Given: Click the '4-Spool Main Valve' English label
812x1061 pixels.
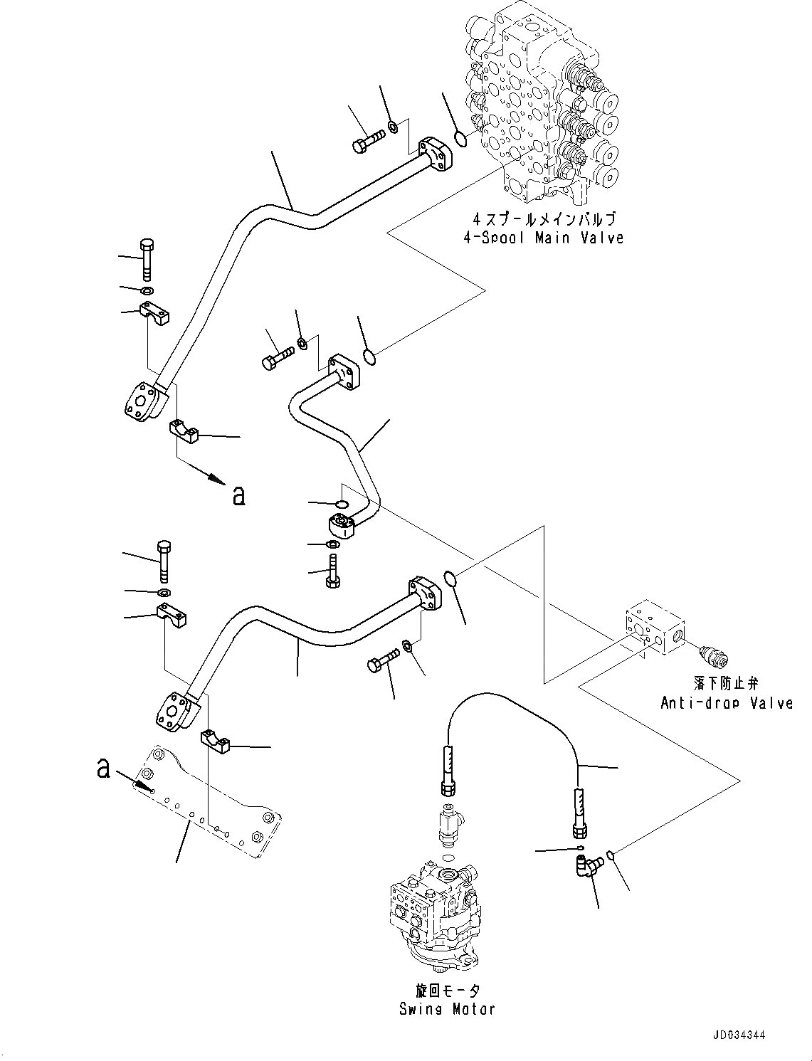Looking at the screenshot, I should pyautogui.click(x=542, y=238).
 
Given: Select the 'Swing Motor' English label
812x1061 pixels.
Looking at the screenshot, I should pyautogui.click(x=446, y=1008).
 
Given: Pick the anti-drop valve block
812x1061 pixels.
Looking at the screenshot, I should pyautogui.click(x=654, y=630).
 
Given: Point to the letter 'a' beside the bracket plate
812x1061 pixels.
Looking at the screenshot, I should pyautogui.click(x=104, y=768).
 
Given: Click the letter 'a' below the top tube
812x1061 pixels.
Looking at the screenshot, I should pyautogui.click(x=238, y=495).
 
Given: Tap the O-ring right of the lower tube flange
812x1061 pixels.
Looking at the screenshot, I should pyautogui.click(x=449, y=579).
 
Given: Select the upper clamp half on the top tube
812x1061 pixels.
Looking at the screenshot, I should pyautogui.click(x=154, y=314).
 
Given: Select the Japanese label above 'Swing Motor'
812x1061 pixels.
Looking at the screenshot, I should pyautogui.click(x=446, y=991).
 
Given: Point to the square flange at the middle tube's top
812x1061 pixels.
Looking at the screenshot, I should pyautogui.click(x=347, y=372).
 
